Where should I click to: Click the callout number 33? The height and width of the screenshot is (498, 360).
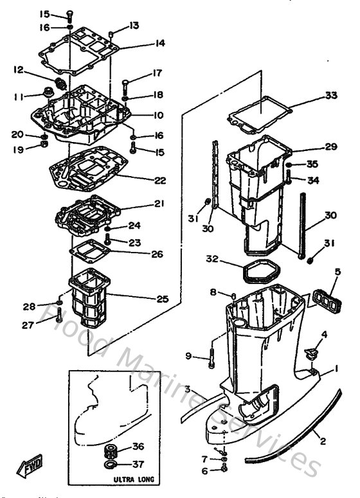330,96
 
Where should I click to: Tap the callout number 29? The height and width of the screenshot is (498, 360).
330,147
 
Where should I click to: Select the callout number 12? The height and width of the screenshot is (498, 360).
17,69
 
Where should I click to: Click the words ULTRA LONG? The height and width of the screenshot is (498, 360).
133,479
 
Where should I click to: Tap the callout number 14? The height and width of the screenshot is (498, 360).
159,43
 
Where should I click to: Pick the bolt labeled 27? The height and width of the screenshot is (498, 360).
59,315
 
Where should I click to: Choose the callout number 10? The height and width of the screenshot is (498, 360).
158,116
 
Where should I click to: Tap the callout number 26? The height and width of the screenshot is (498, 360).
158,253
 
